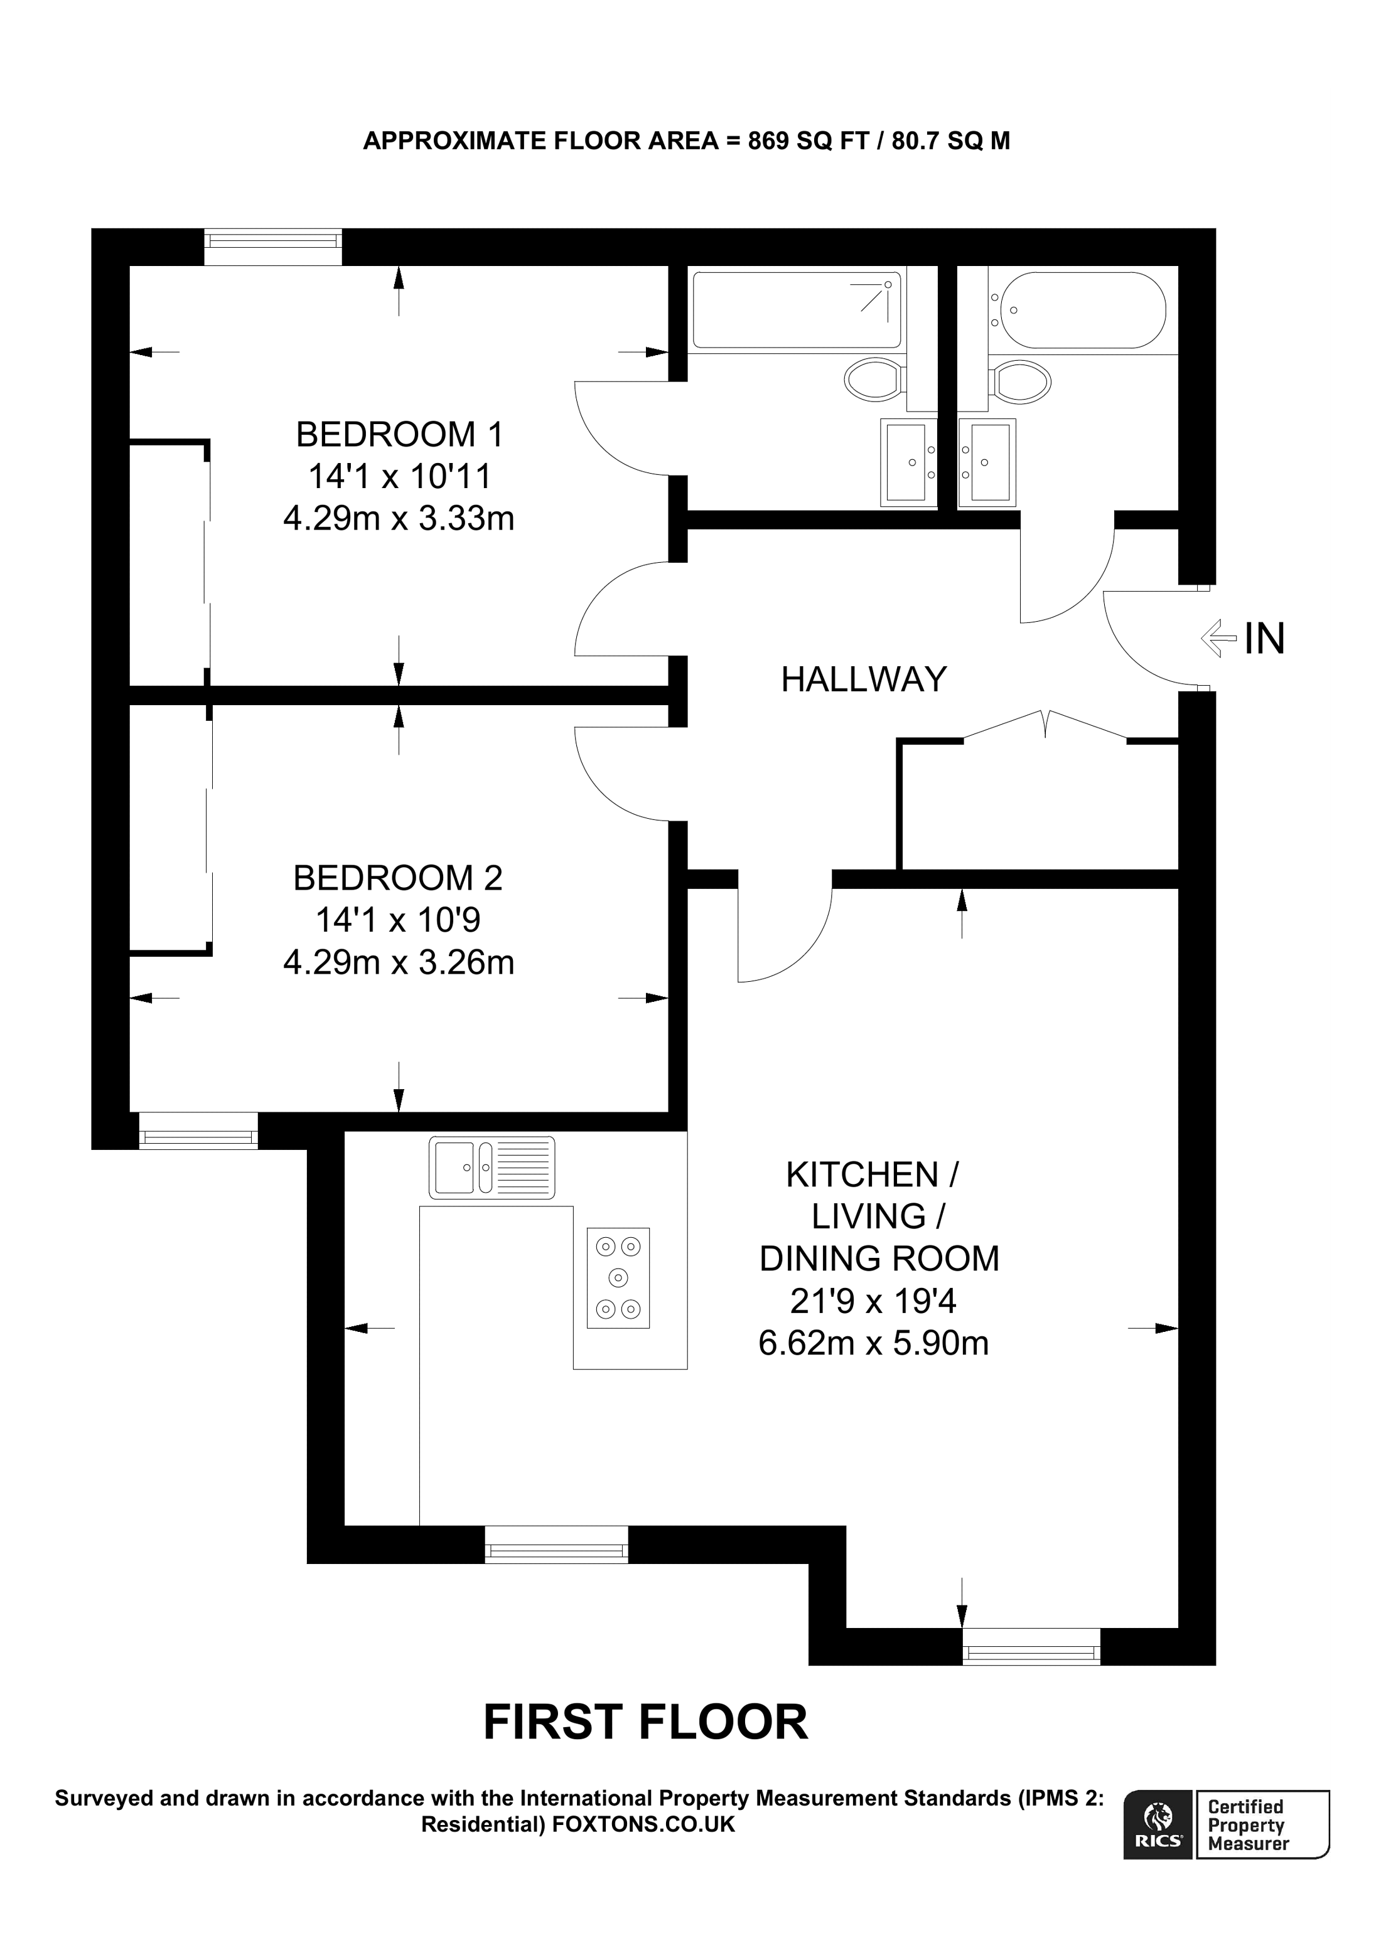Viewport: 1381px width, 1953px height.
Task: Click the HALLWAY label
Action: (x=864, y=679)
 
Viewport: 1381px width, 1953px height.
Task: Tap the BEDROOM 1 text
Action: (x=399, y=435)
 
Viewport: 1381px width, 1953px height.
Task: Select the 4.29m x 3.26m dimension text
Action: (x=398, y=962)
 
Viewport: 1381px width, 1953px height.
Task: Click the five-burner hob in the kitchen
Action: (x=618, y=1277)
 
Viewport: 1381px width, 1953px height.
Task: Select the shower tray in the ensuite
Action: (x=797, y=311)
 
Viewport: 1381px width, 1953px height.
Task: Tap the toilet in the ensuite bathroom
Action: (x=873, y=380)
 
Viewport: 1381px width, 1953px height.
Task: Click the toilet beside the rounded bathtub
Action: (x=1022, y=381)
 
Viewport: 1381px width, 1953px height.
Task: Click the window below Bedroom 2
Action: (x=198, y=1131)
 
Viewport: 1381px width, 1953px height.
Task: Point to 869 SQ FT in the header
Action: (x=807, y=141)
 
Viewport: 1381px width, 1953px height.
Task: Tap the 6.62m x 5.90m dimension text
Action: (x=873, y=1343)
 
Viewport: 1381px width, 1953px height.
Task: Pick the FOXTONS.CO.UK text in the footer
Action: (x=643, y=1824)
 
